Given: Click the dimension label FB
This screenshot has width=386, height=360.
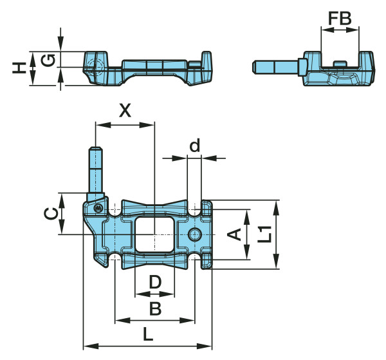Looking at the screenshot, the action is (x=340, y=18).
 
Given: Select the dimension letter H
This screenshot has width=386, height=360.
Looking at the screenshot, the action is (x=19, y=68).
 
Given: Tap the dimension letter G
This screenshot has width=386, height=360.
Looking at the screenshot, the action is (x=48, y=61).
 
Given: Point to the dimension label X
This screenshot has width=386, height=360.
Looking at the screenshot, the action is (x=125, y=111).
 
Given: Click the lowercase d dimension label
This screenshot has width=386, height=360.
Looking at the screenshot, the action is (x=195, y=146).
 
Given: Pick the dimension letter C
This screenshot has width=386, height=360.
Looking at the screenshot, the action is (x=51, y=213).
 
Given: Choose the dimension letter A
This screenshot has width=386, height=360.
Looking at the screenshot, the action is (x=234, y=234).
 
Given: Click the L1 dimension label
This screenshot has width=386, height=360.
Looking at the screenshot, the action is (x=265, y=234).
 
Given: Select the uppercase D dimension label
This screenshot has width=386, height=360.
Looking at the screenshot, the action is (x=155, y=282).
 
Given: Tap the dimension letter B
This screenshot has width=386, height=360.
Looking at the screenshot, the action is (x=155, y=308).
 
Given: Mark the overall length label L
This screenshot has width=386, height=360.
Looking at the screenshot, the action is (x=148, y=334).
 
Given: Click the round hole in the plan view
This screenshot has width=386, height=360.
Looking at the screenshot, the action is (x=195, y=234).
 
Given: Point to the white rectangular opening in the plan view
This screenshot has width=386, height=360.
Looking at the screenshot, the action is (x=154, y=234).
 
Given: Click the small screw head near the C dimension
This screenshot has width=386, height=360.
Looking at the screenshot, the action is (x=98, y=208).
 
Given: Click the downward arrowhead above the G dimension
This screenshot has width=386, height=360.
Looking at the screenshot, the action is (x=61, y=44).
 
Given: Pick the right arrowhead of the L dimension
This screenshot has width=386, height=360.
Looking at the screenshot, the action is (x=205, y=346).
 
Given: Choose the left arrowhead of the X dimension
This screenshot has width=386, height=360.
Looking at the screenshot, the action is (x=103, y=125).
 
